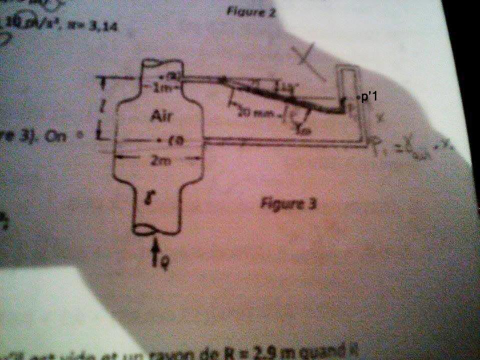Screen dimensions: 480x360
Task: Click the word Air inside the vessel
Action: (161, 117)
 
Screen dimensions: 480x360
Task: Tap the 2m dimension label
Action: (160, 161)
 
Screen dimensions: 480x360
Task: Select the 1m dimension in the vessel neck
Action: (161, 89)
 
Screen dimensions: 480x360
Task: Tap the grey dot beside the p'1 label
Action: (357, 96)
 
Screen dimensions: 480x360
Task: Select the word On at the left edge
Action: (53, 136)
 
